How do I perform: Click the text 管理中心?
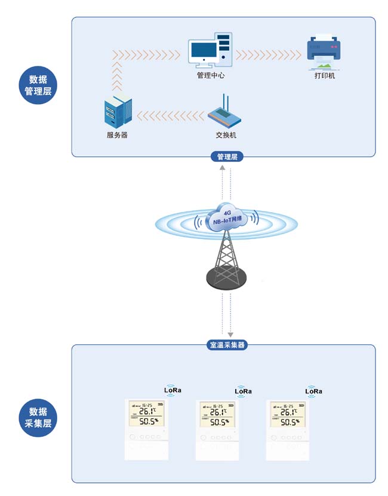(x=211, y=76)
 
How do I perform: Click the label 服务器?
(x=117, y=135)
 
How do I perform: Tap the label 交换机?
(x=226, y=135)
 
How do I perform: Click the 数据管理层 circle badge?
(x=39, y=85)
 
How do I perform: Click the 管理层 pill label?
(x=227, y=157)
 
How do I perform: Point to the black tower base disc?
(x=226, y=275)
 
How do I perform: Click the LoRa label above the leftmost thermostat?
(x=172, y=390)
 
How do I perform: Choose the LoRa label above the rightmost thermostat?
(x=313, y=391)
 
